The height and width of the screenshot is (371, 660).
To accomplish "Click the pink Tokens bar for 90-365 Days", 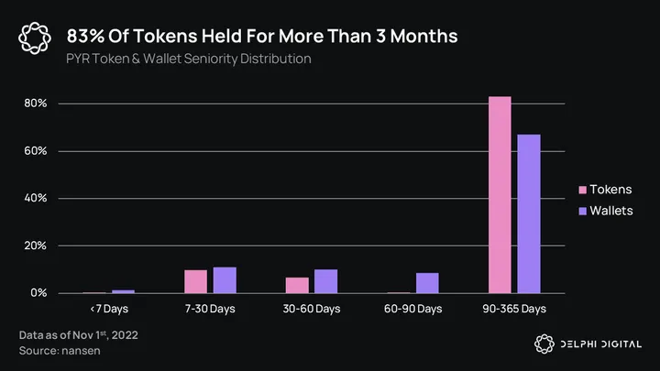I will pyautogui.click(x=500, y=194).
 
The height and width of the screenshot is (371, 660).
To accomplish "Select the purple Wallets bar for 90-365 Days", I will pyautogui.click(x=528, y=213).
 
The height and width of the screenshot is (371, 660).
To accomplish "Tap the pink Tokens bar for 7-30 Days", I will pyautogui.click(x=195, y=281).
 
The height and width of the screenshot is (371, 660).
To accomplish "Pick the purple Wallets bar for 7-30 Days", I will pyautogui.click(x=225, y=279).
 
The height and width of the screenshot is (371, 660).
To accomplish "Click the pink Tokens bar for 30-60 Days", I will pyautogui.click(x=297, y=285).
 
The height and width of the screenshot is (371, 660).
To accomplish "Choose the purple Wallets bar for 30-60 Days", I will pyautogui.click(x=325, y=281).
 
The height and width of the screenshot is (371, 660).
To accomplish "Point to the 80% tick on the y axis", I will pyautogui.click(x=36, y=104).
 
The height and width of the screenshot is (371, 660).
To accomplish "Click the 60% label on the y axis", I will pyautogui.click(x=36, y=151).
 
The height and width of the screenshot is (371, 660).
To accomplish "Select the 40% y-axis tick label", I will pyautogui.click(x=36, y=199).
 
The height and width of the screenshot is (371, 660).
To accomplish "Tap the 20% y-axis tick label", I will pyautogui.click(x=36, y=246).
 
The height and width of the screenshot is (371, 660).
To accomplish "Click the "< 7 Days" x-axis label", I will pyautogui.click(x=108, y=309).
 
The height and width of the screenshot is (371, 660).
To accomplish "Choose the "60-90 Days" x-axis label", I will pyautogui.click(x=412, y=309).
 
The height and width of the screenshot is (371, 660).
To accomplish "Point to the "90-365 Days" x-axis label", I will pyautogui.click(x=513, y=309).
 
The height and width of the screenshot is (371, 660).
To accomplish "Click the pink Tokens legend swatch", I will pyautogui.click(x=583, y=190).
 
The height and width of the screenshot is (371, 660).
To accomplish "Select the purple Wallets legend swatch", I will pyautogui.click(x=583, y=212).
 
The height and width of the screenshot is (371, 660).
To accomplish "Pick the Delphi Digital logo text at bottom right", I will pyautogui.click(x=601, y=344).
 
